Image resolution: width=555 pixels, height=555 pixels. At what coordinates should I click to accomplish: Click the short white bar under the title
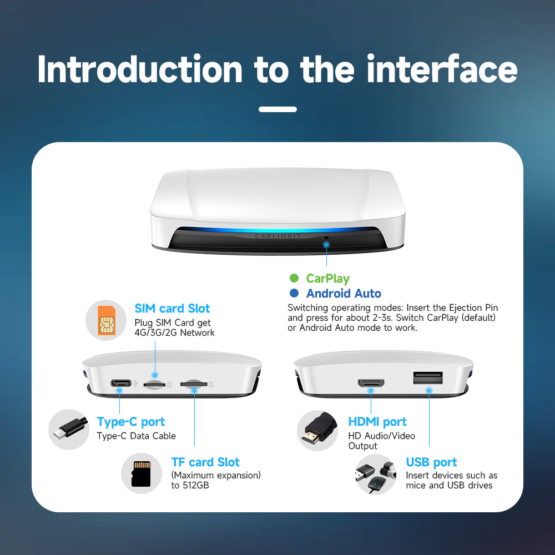(277, 109)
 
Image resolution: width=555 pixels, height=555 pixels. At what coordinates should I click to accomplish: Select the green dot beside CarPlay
(294, 279)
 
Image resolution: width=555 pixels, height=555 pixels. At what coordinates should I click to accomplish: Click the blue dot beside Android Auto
(294, 294)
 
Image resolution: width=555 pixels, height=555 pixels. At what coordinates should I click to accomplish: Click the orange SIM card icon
(107, 320)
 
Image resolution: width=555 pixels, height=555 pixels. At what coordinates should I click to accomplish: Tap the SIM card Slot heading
(172, 309)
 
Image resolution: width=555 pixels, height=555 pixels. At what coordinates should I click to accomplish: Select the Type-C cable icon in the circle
(69, 429)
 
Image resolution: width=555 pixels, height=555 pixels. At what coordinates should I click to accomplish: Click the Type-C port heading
(131, 422)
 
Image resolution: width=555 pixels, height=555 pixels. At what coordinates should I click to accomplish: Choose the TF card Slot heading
(205, 462)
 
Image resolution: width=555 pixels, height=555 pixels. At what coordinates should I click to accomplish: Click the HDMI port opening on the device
(371, 383)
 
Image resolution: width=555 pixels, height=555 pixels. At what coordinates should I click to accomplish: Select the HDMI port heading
(377, 422)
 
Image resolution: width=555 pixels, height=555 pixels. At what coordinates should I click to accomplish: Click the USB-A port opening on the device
(427, 378)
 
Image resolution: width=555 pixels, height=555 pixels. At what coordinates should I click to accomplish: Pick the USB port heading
(431, 462)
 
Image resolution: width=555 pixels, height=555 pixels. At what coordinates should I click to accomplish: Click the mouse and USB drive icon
(375, 475)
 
